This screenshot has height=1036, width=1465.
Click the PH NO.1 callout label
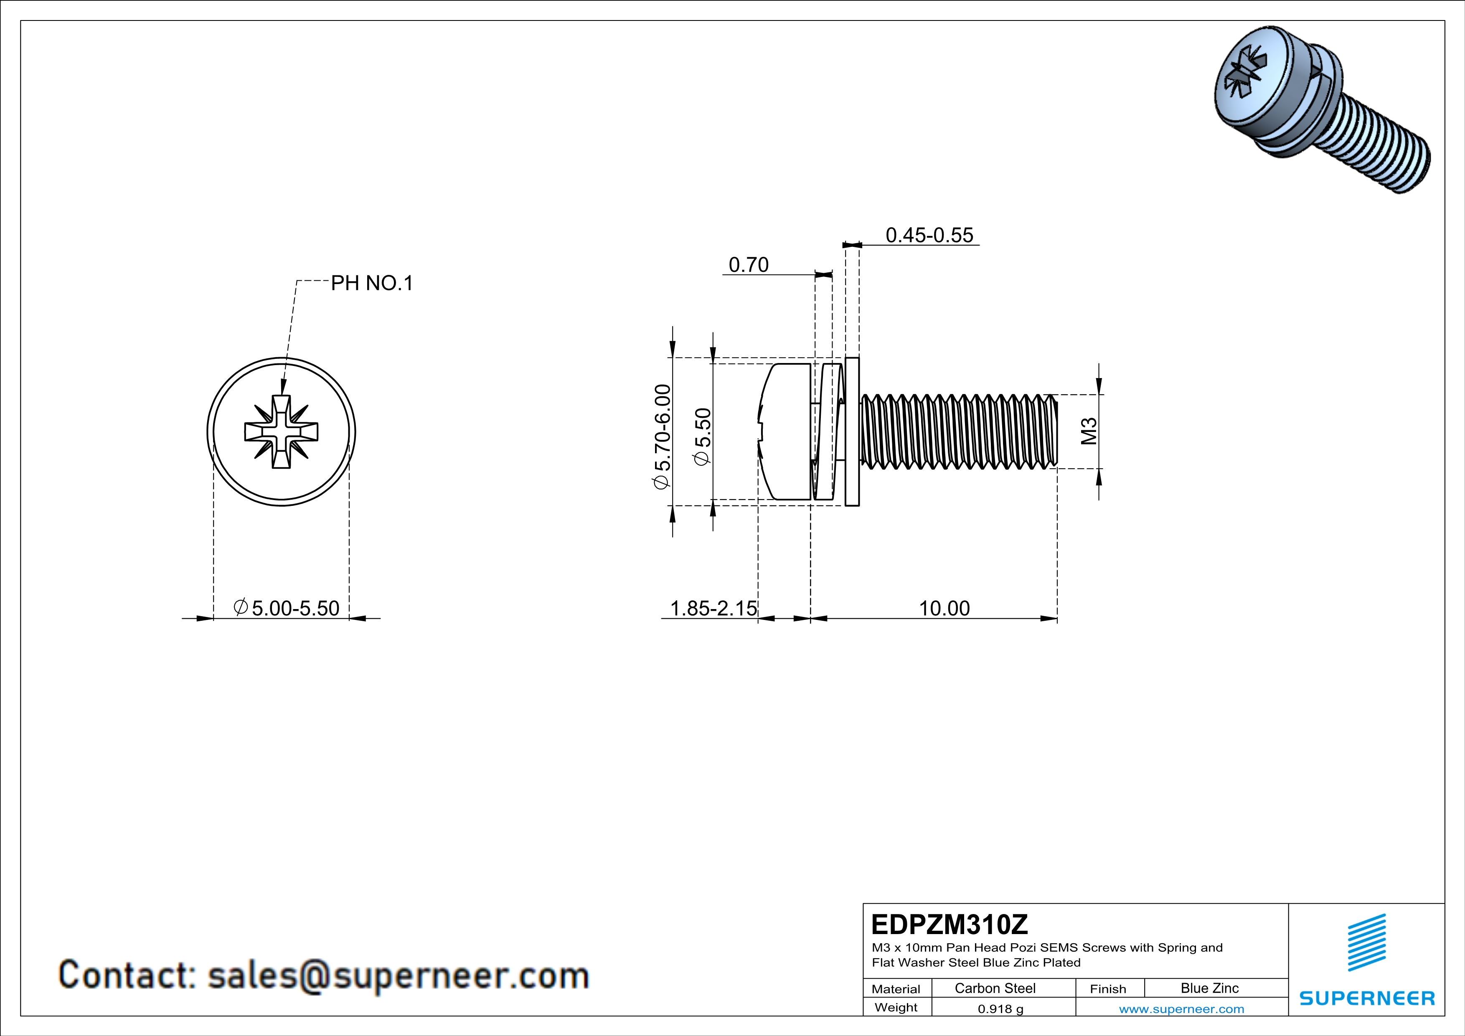371,283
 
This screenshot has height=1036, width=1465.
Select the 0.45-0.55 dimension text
929,235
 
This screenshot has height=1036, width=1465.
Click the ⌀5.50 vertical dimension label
702,437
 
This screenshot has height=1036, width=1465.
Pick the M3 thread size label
1089,431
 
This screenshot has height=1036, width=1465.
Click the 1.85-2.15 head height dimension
713,608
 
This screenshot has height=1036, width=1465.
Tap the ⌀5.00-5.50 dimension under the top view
287,608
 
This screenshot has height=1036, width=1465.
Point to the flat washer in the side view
852,432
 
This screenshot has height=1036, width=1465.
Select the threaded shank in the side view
957,432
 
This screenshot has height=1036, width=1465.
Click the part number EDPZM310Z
950,924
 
